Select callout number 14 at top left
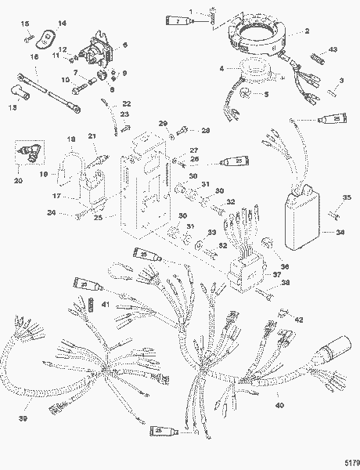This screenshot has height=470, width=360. pos(63,24)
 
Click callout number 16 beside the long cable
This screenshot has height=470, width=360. pos(33,57)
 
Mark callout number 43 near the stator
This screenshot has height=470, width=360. pos(333,49)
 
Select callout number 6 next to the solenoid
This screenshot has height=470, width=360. pos(126,46)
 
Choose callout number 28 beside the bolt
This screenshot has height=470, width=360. pos(206,130)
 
